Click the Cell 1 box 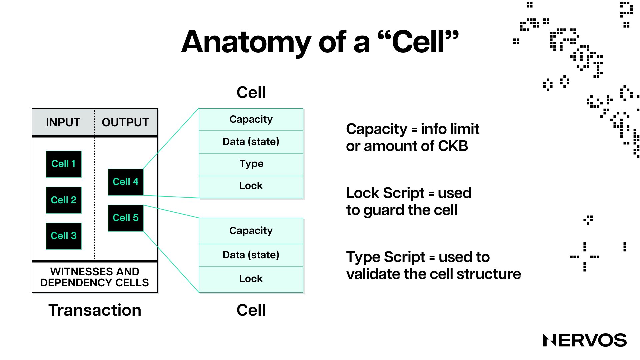click(x=64, y=164)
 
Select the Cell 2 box click(x=64, y=200)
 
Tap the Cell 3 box click(x=64, y=236)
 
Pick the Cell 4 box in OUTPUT click(x=126, y=182)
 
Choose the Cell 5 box click(x=126, y=218)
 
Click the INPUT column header click(x=63, y=122)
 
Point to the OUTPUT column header click(x=125, y=122)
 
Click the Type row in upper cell click(x=251, y=164)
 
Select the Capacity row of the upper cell click(x=251, y=119)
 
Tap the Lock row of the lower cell click(x=251, y=279)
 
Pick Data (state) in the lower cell click(x=251, y=255)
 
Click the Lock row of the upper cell click(x=251, y=186)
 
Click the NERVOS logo click(x=585, y=340)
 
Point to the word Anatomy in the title click(x=246, y=42)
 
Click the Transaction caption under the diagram click(x=95, y=310)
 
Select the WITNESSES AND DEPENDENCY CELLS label click(x=95, y=277)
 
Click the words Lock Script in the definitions click(x=385, y=193)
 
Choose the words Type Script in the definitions click(x=386, y=257)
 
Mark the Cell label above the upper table click(x=251, y=92)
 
